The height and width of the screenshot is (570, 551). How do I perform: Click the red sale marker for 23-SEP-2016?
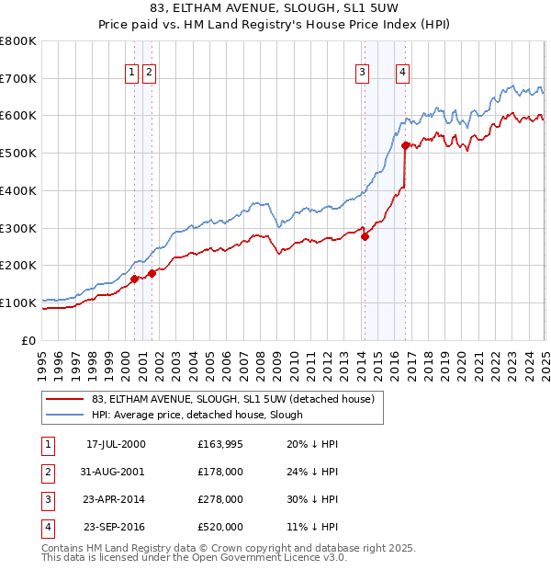click(405, 144)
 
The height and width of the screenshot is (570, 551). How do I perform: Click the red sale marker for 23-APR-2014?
click(365, 236)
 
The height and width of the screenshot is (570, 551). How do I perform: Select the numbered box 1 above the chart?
click(132, 73)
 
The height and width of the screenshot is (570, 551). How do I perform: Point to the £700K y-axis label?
click(17, 78)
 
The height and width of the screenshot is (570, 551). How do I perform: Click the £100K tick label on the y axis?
click(17, 302)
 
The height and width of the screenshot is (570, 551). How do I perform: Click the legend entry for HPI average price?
click(197, 416)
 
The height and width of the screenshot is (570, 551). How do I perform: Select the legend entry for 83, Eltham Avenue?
click(233, 400)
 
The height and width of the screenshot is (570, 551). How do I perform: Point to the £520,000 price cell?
click(220, 528)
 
